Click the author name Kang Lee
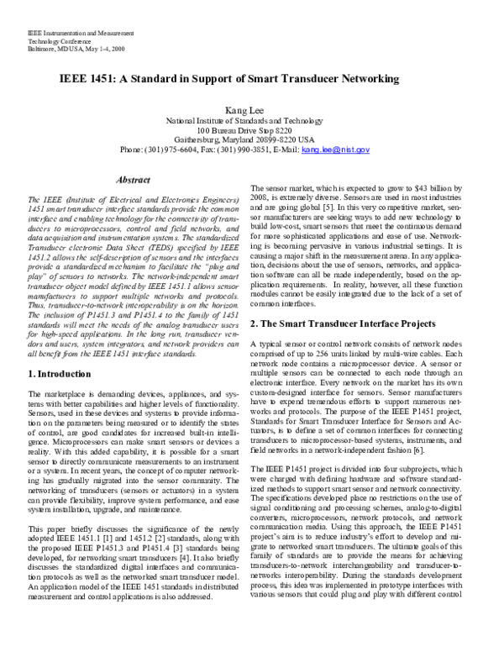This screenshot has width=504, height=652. pos(251,110)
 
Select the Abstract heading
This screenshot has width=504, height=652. pos(133,180)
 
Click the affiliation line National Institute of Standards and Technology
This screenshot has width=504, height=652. pos(251,121)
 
